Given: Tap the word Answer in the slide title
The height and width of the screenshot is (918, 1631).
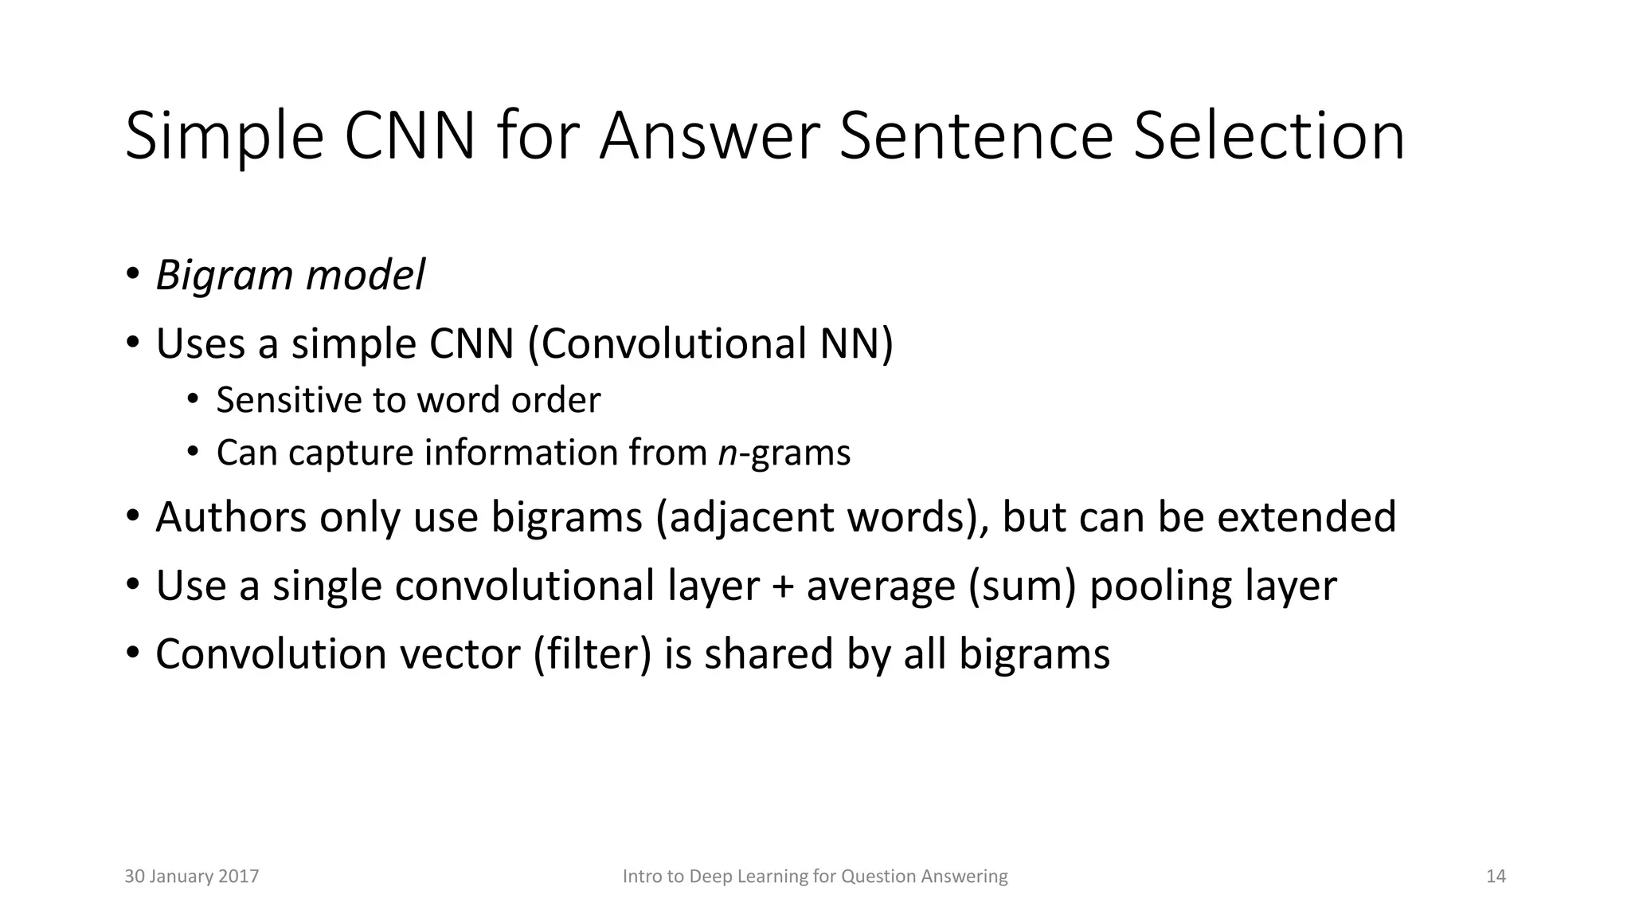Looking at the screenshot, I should coord(710,136).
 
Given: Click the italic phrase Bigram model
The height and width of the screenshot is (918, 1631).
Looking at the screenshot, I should coord(291,275).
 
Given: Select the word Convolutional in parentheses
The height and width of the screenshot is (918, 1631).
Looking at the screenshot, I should coord(673,343).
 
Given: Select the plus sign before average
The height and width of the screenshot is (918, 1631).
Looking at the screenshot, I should coord(784,587).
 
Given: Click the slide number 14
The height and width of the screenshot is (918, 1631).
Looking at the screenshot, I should coord(1496,877).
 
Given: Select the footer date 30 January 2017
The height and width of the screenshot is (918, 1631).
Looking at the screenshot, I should coord(192,877).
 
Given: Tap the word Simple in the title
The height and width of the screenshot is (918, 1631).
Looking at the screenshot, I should coord(225,138).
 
